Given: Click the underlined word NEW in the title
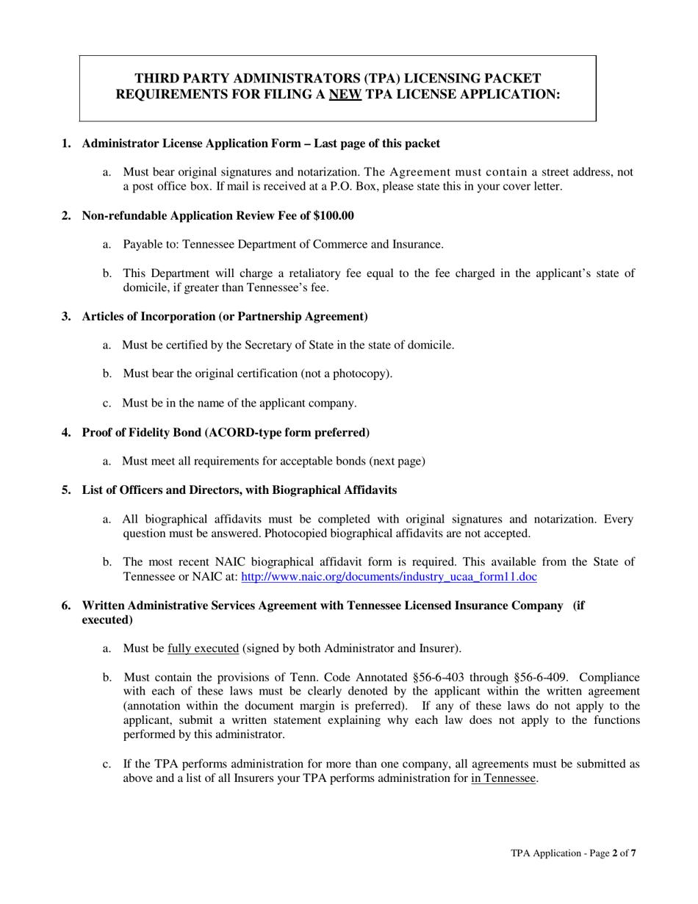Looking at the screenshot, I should tap(345, 94).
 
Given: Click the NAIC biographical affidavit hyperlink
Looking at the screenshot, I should tap(389, 577).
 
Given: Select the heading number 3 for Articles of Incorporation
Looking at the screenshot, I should tap(66, 317).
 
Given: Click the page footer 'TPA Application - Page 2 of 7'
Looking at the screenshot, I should tap(573, 853).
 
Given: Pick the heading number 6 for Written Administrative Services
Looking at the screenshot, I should tap(66, 606).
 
